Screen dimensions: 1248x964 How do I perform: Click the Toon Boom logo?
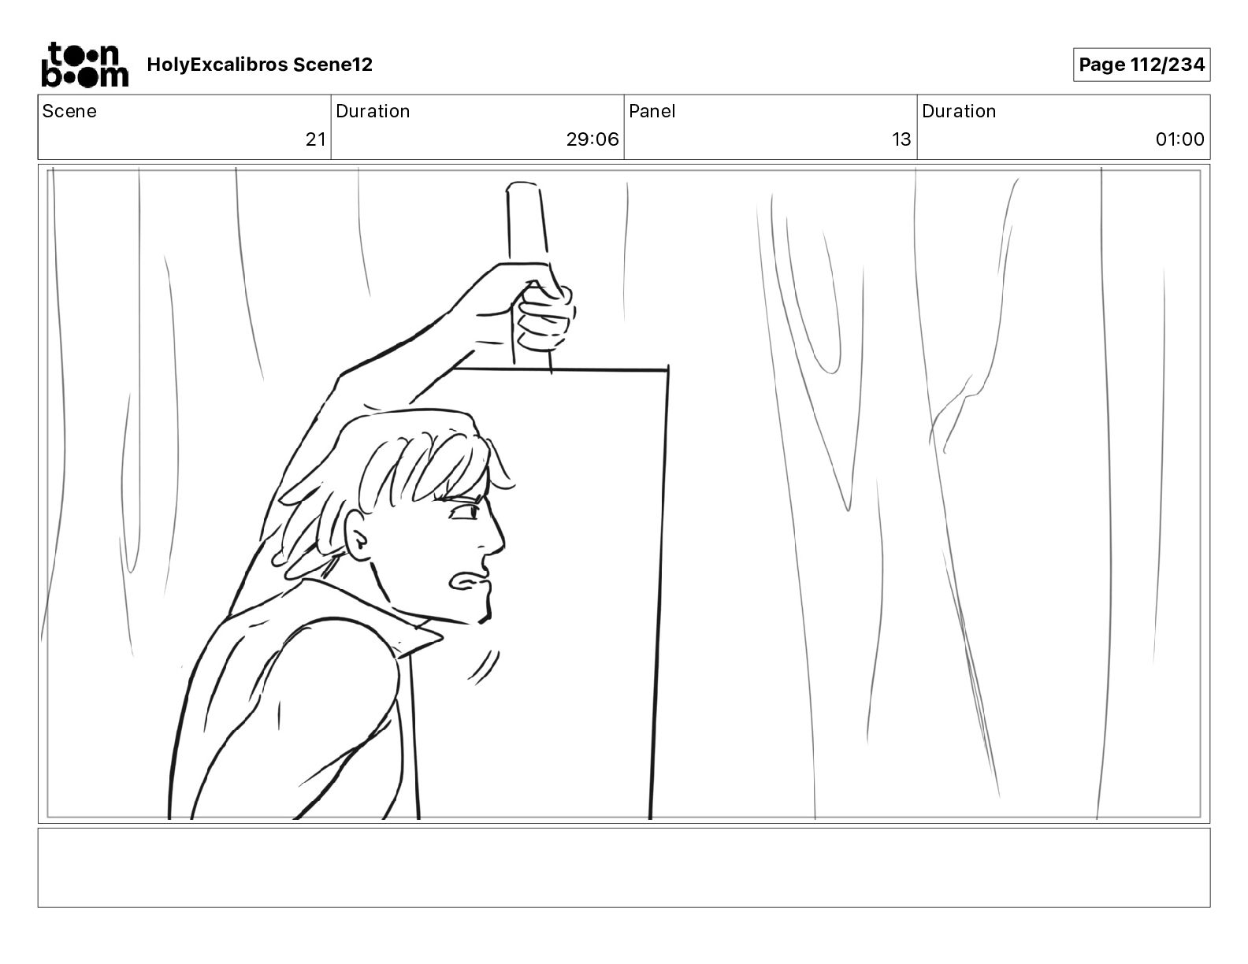85,65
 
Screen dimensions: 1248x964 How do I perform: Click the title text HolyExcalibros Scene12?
259,65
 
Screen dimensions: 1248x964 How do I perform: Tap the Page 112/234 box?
1141,65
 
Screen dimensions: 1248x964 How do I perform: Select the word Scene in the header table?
69,111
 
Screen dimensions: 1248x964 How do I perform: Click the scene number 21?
315,139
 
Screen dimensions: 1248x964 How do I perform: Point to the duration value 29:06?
592,139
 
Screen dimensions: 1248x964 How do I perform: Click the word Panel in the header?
652,111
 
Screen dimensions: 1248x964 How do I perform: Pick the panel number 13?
901,139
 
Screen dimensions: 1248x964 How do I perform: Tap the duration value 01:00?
1179,139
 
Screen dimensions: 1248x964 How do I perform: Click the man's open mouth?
468,581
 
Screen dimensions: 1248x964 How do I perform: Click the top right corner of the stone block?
668,370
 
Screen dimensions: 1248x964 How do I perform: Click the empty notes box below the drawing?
624,868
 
